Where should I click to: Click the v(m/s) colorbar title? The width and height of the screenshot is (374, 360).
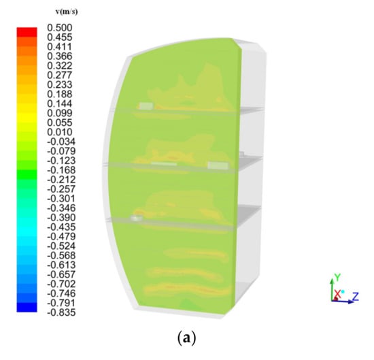[67, 12]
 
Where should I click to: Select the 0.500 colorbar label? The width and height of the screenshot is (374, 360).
[59, 28]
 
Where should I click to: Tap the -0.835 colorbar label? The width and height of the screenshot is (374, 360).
[61, 312]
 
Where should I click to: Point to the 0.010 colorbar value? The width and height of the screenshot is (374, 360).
[59, 132]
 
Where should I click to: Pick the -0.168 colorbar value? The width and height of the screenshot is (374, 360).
[61, 170]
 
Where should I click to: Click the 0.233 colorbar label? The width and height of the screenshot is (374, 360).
[59, 84]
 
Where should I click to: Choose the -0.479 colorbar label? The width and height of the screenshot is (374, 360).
[61, 236]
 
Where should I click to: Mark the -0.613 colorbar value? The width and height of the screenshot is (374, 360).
[61, 265]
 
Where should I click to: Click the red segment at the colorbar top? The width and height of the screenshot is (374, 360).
[27, 32]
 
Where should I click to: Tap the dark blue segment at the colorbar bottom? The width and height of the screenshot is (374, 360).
[27, 307]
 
